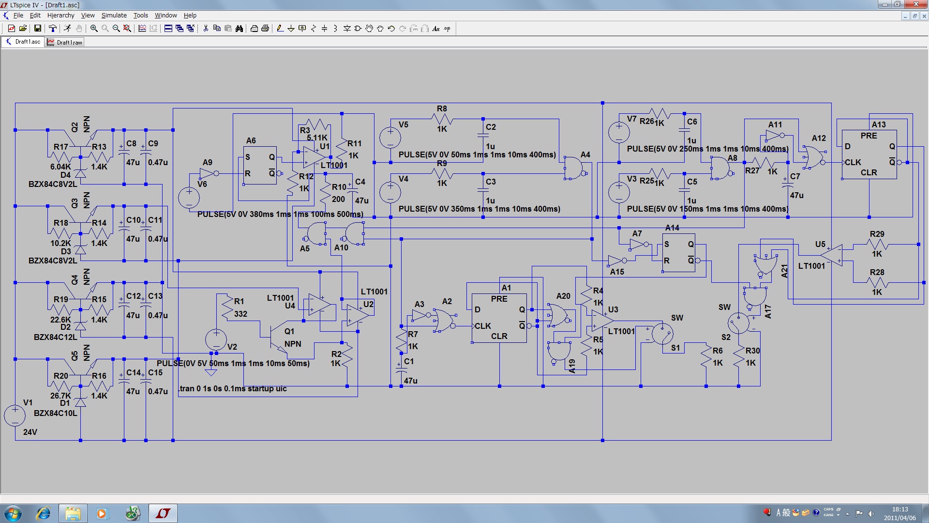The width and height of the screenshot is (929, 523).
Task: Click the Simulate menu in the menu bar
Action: (x=114, y=15)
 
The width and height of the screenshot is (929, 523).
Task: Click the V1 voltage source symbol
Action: (x=15, y=415)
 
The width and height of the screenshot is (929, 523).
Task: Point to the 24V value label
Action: (x=30, y=432)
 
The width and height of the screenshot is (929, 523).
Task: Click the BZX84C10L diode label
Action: (x=55, y=413)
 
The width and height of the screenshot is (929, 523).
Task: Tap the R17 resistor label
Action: (x=60, y=147)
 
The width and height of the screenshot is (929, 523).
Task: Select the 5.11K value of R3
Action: (x=317, y=138)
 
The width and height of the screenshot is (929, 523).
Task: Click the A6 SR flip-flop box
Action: (x=260, y=165)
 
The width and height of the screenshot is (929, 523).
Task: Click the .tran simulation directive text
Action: (x=232, y=388)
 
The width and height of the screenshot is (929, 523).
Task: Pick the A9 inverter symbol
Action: (x=208, y=173)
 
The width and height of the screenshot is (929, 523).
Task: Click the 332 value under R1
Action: (x=240, y=314)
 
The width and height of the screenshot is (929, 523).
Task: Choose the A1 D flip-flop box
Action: (x=499, y=318)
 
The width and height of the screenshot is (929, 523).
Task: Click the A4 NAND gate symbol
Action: (x=574, y=168)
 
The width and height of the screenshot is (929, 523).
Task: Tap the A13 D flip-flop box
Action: (x=869, y=154)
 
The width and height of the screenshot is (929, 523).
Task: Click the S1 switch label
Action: (x=675, y=348)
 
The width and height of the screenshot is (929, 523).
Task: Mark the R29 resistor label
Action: (x=877, y=234)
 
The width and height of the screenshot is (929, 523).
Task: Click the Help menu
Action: (x=190, y=15)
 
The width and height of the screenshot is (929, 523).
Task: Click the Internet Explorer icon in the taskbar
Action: (x=44, y=513)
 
